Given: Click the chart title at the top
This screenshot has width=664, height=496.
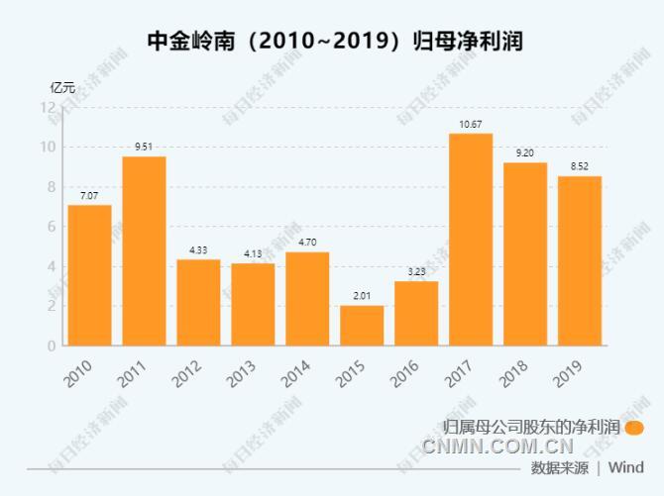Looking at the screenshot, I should [x=333, y=41].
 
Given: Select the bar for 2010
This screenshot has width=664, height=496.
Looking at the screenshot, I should [x=89, y=275].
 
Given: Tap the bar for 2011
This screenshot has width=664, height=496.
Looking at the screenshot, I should [x=144, y=250].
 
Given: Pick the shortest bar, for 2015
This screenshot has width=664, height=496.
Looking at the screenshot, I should [x=362, y=325].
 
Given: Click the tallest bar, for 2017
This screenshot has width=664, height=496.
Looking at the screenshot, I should [x=471, y=239].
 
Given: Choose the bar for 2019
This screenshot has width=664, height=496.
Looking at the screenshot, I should [x=580, y=260].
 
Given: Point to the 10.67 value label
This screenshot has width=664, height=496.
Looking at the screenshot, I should [x=471, y=124].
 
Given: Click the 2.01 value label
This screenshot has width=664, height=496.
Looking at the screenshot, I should [x=362, y=296].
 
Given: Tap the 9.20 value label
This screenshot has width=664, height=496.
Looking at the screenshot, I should [x=525, y=153].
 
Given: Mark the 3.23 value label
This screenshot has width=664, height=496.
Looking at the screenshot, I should [x=416, y=271].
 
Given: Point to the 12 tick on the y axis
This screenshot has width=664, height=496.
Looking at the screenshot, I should [x=48, y=107].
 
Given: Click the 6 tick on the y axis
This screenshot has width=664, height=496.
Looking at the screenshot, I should [x=51, y=227].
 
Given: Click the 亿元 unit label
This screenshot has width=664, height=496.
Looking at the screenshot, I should [x=62, y=87].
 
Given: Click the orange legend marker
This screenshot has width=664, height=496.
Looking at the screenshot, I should [x=635, y=428].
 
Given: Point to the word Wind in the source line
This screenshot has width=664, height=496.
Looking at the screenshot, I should [x=625, y=467].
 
